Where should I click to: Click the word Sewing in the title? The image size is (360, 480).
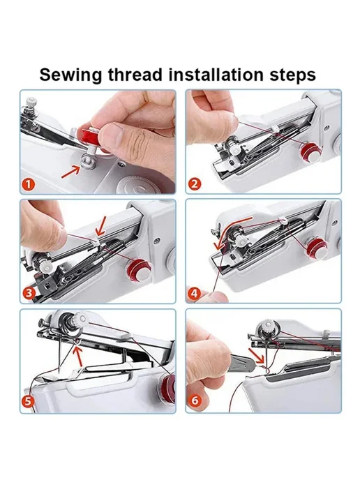point(70,75)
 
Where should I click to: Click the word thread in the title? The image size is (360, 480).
point(135,75)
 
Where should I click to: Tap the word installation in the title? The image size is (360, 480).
point(216,75)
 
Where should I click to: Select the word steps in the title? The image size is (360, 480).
point(292,75)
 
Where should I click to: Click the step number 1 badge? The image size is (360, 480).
point(29,185)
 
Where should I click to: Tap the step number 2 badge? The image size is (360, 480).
point(195,184)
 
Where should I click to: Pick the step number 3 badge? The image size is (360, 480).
point(29,293)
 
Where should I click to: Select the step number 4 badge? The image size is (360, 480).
point(195,294)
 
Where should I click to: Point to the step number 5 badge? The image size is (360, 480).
point(28,401)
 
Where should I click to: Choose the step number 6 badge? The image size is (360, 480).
point(195,400)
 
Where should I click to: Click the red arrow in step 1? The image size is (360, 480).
point(71,170)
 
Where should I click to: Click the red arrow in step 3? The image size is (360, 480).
point(100,227)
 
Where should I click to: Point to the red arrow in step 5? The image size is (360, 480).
point(78,354)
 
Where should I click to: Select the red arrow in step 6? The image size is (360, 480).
point(256,357)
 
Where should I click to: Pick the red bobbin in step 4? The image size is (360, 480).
point(318,248)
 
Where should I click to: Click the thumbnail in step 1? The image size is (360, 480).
point(111,134)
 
